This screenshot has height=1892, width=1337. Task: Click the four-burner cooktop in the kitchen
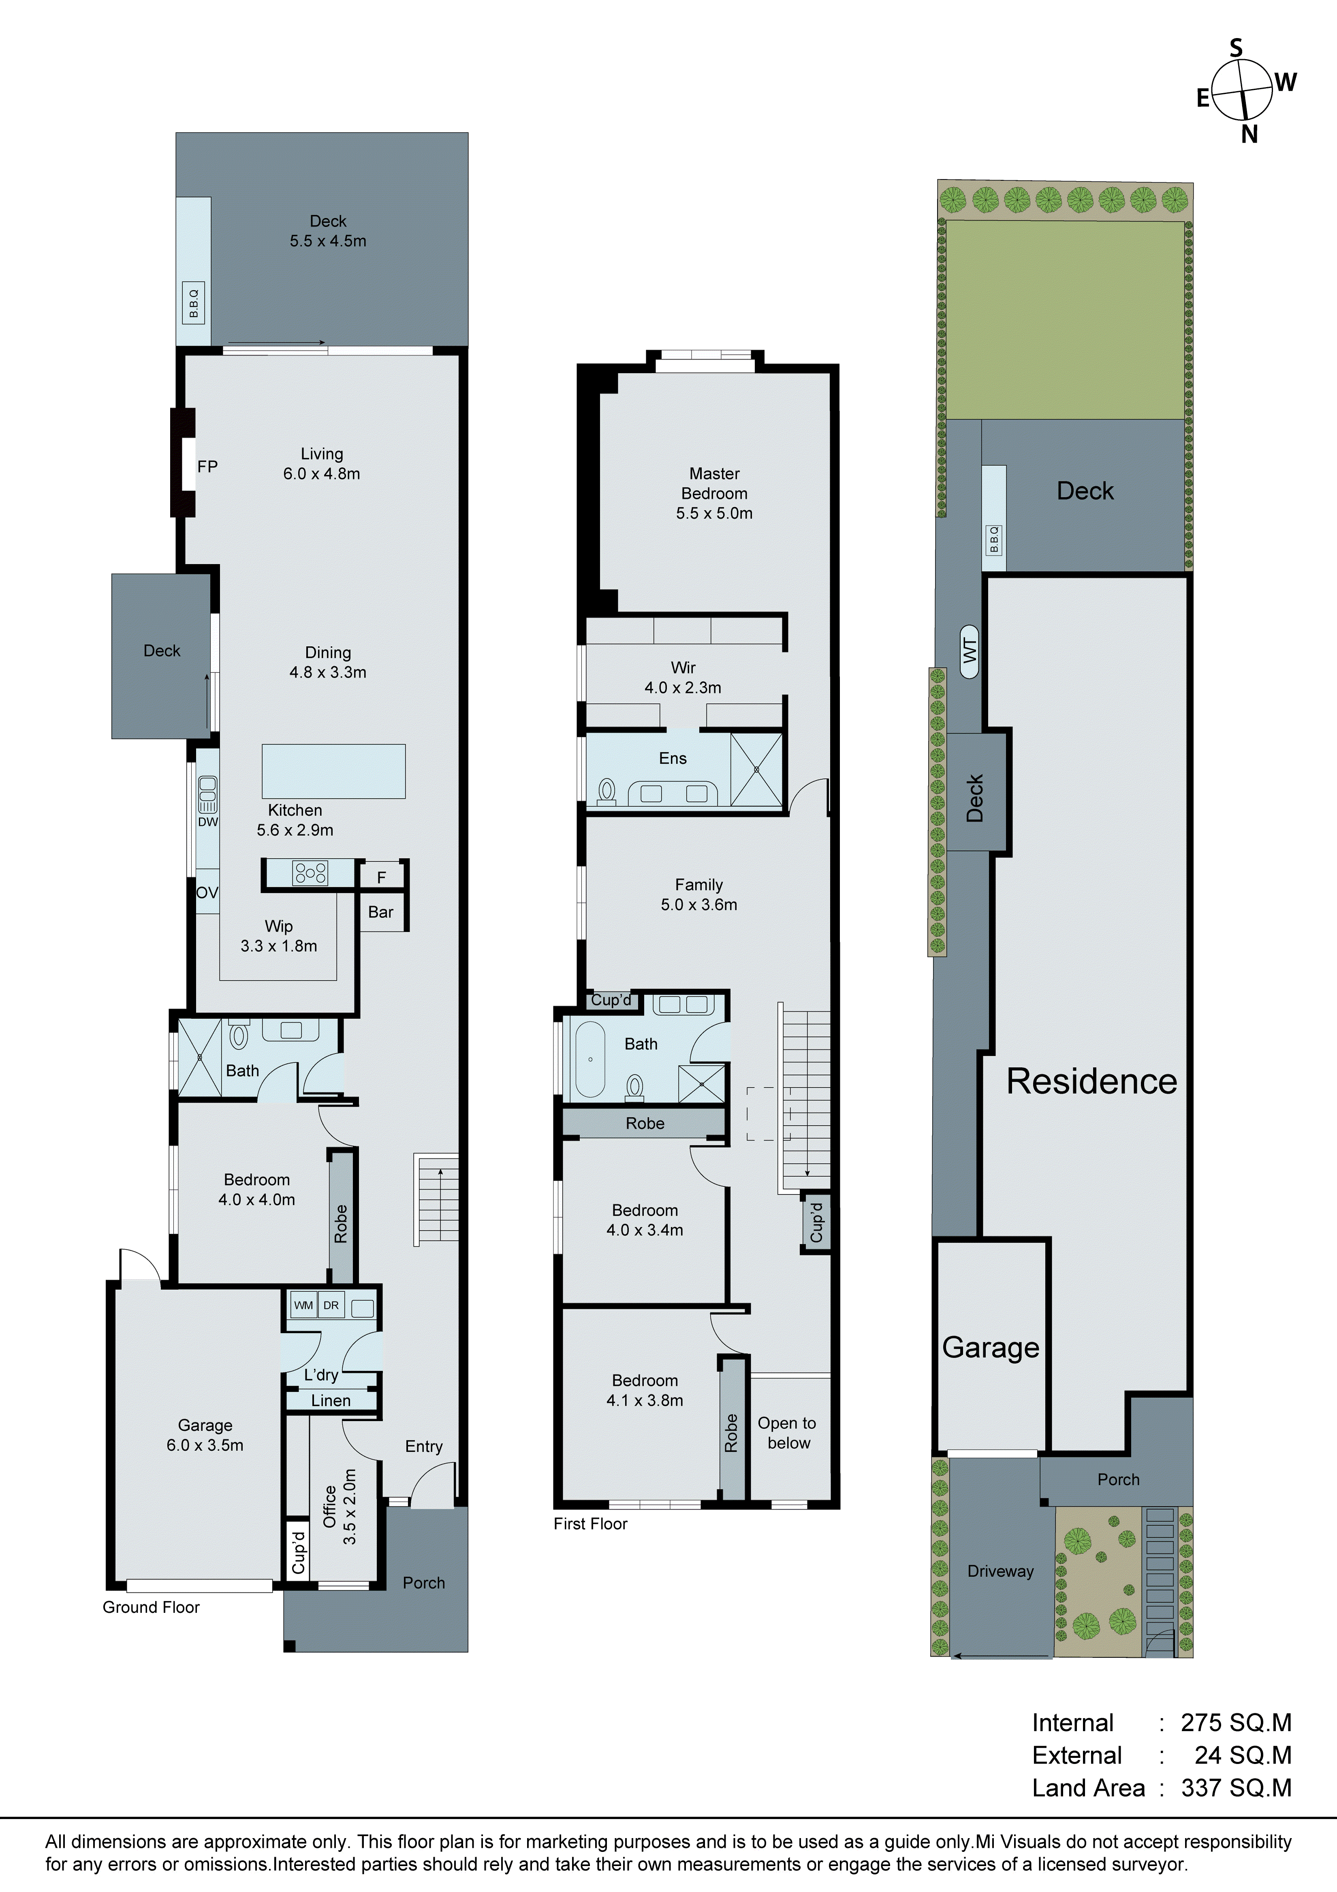pyautogui.click(x=310, y=873)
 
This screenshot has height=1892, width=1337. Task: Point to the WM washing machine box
pyautogui.click(x=303, y=1305)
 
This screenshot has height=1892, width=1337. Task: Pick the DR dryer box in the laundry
pyautogui.click(x=331, y=1305)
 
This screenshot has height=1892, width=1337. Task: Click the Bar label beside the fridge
pyautogui.click(x=381, y=912)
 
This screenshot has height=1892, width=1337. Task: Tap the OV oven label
pyautogui.click(x=207, y=893)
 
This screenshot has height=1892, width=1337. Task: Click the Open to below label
pyautogui.click(x=788, y=1433)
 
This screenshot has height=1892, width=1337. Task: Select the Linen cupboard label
pyautogui.click(x=331, y=1400)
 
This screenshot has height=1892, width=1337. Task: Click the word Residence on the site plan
pyautogui.click(x=1091, y=1081)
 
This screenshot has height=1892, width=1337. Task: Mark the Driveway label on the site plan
pyautogui.click(x=1000, y=1571)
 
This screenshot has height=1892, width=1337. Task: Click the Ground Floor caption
pyautogui.click(x=151, y=1607)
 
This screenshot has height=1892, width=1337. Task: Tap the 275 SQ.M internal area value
pyautogui.click(x=1236, y=1722)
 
